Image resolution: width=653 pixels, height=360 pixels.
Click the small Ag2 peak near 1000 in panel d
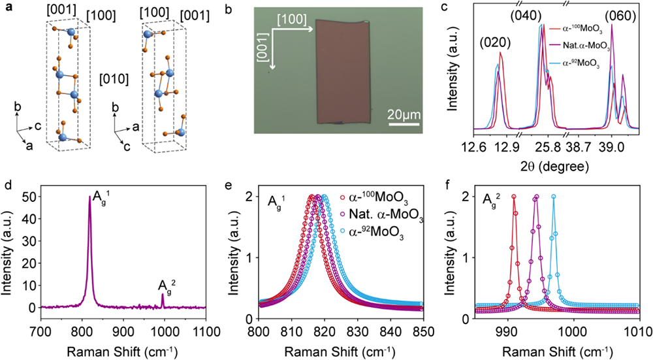click(163, 295)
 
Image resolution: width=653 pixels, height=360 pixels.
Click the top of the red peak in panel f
click(514, 197)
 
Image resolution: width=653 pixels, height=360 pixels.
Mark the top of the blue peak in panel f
click(554, 197)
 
